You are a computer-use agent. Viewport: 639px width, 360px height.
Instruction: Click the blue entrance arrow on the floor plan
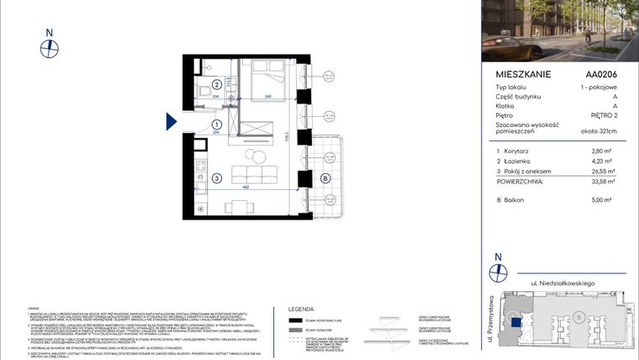(x=172, y=123)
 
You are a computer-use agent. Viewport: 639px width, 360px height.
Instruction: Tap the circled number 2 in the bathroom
(x=217, y=84)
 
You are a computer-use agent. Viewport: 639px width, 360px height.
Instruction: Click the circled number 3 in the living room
(x=217, y=177)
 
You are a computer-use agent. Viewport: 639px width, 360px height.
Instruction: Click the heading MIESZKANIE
(x=524, y=74)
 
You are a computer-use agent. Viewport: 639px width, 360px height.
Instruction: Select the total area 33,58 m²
(x=604, y=181)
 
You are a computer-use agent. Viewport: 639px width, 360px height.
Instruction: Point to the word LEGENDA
(x=301, y=309)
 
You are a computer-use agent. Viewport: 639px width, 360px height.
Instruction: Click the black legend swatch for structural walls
(x=294, y=320)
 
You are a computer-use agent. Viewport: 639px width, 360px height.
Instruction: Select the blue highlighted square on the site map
(x=515, y=320)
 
